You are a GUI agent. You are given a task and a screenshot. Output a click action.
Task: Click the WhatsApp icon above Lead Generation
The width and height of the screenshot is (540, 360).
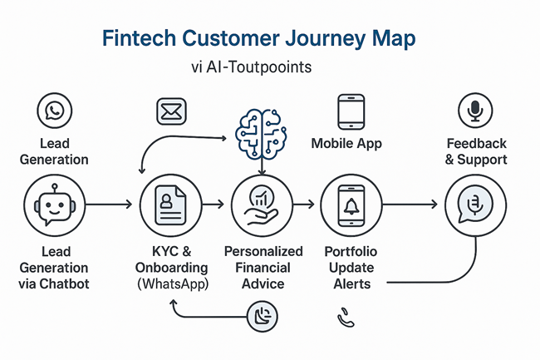[54, 111]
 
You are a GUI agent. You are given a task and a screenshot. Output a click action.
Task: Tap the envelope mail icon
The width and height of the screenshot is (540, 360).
[171, 111]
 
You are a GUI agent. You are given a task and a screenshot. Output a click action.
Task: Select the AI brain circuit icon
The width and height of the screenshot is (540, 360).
[261, 134]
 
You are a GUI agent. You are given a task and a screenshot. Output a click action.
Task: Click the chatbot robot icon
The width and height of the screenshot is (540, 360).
[54, 205]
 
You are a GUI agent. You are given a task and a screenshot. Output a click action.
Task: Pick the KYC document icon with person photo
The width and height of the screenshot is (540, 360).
[171, 205]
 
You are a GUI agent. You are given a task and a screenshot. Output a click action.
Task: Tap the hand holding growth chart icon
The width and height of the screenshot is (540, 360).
[262, 205]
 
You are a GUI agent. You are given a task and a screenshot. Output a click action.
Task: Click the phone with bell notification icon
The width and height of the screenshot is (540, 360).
[351, 205]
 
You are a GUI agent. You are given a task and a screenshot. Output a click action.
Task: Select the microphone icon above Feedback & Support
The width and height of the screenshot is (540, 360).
[475, 111]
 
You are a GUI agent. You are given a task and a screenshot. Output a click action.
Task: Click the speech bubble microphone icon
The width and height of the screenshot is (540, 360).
[475, 205]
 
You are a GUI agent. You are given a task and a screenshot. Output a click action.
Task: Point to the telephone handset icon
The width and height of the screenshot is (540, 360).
[346, 318]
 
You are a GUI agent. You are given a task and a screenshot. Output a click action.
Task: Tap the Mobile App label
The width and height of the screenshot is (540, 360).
[346, 143]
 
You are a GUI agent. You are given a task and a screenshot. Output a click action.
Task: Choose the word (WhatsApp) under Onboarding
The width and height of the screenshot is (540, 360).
[173, 284]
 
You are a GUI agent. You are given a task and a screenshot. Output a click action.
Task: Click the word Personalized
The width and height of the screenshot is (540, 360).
[263, 251]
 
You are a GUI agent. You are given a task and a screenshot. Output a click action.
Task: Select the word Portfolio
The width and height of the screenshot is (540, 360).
[351, 251]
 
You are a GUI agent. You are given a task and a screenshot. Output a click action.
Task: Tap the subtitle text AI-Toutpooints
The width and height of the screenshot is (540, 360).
[258, 67]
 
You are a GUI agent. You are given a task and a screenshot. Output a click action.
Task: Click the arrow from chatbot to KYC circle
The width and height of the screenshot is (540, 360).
[109, 205]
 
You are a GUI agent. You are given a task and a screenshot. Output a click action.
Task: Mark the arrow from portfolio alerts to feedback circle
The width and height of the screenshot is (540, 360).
[410, 205]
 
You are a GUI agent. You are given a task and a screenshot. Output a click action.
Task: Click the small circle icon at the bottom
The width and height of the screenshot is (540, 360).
[263, 316]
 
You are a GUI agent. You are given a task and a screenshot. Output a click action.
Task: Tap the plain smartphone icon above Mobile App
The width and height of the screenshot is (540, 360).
[351, 112]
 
